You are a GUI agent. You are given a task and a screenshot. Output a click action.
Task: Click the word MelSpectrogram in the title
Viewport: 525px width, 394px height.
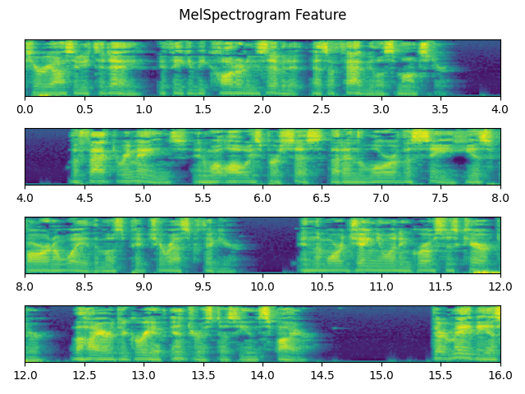click(231, 15)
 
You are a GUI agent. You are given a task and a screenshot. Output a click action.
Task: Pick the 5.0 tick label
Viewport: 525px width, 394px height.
click(144, 198)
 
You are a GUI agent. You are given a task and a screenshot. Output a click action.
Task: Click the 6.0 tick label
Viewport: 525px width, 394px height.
click(262, 198)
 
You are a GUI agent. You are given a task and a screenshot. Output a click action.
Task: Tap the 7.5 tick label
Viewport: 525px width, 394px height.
click(441, 198)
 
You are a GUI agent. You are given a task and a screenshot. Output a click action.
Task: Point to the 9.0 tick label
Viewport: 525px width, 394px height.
click(144, 286)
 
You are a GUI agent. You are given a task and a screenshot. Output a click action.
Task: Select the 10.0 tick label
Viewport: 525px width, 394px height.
click(262, 286)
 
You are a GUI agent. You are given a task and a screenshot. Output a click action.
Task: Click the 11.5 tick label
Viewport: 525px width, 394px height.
click(441, 286)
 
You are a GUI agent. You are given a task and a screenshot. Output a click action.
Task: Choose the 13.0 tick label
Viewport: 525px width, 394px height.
click(144, 375)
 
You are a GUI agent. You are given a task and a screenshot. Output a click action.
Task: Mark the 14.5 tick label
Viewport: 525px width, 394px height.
click(322, 375)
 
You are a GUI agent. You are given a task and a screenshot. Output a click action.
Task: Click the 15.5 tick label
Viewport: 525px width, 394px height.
click(441, 375)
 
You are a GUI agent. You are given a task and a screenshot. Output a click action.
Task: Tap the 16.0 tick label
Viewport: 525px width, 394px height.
click(500, 375)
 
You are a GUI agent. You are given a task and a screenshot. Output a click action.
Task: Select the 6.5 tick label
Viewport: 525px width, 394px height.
click(322, 198)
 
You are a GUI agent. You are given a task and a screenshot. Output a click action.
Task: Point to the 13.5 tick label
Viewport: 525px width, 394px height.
click(203, 375)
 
